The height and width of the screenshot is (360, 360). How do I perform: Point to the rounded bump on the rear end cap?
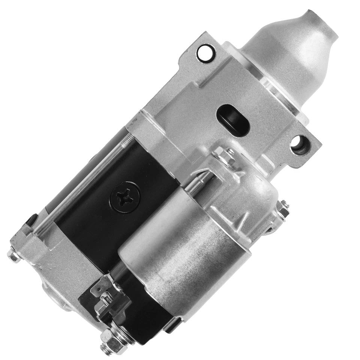(x=52, y=296)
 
